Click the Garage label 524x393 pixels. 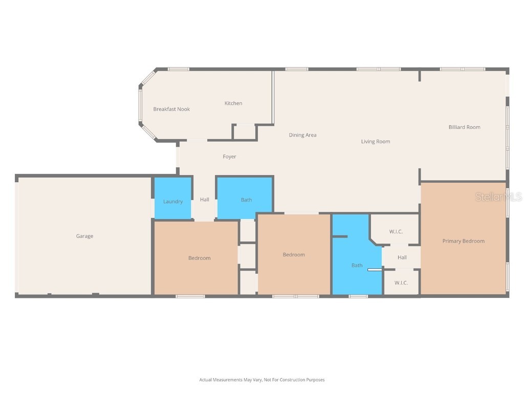click(84, 236)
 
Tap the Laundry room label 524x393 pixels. click(173, 202)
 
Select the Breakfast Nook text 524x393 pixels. click(171, 109)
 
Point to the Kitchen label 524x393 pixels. click(233, 103)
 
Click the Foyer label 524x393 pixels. click(229, 157)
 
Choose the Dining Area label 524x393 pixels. click(302, 135)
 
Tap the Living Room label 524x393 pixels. click(376, 142)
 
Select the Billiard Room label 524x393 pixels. click(464, 127)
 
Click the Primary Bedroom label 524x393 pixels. click(463, 241)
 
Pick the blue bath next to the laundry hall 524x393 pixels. click(246, 200)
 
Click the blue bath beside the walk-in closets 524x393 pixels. click(357, 265)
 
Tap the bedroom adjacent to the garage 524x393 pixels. click(199, 258)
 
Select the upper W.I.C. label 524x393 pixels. click(396, 232)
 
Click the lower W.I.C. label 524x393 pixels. click(401, 283)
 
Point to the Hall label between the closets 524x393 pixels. click(402, 257)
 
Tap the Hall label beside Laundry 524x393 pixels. click(205, 200)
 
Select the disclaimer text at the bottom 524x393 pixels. click(262, 380)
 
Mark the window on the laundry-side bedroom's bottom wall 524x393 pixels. click(190, 296)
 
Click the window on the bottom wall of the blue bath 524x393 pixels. click(358, 296)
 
